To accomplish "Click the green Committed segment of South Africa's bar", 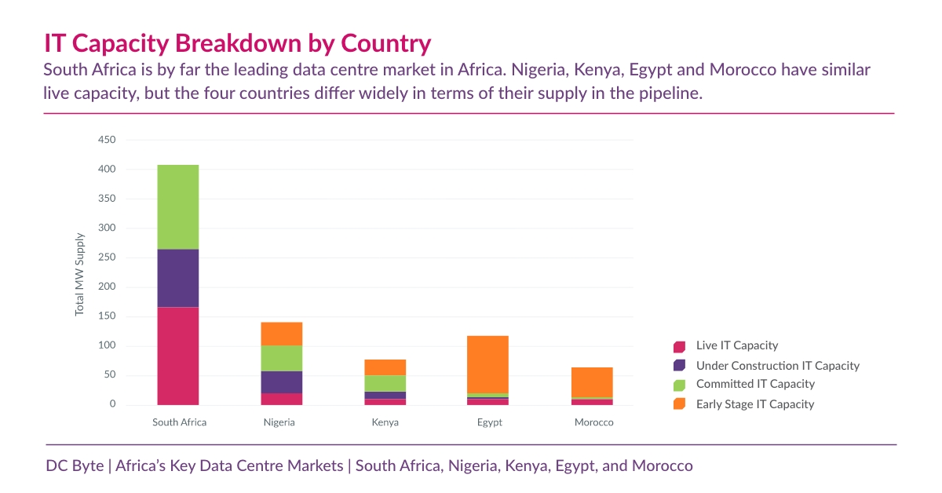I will coord(177,206).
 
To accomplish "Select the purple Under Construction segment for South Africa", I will coord(177,278).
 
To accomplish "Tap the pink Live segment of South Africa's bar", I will coord(177,356).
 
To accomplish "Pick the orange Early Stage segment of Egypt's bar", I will coord(487,364).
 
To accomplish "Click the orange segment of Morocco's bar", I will coord(592,382).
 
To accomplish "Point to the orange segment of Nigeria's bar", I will coord(282,334).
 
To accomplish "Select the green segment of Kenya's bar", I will coord(385,383).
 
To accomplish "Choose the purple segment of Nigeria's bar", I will coord(282,382).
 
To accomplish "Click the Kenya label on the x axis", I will coord(385,422).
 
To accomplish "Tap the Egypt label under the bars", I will coord(489,422).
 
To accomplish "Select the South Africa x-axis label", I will coord(179,422).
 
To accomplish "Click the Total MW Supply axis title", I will coord(79,273).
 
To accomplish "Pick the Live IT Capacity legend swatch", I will coord(680,346).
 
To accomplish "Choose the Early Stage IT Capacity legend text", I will coord(755,404).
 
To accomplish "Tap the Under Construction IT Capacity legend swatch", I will coord(680,366).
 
